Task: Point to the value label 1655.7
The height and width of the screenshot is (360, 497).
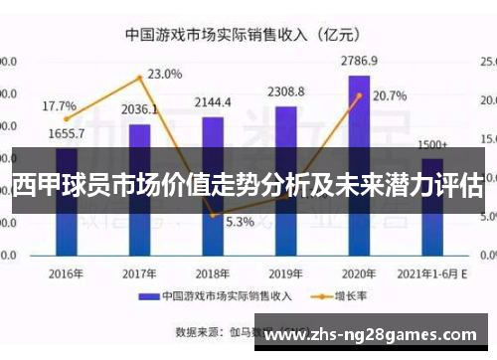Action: click(66, 133)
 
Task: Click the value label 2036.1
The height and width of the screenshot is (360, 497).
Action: click(140, 109)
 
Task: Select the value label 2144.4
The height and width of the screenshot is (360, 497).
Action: click(213, 102)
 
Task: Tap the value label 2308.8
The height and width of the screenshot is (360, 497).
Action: click(285, 91)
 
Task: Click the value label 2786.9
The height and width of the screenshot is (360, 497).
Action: click(358, 61)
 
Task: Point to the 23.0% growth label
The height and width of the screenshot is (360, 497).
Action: click(165, 74)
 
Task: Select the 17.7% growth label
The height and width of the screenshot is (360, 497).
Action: click(59, 105)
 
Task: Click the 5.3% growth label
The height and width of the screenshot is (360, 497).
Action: click(240, 222)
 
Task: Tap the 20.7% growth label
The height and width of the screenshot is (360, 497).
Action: click(390, 96)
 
